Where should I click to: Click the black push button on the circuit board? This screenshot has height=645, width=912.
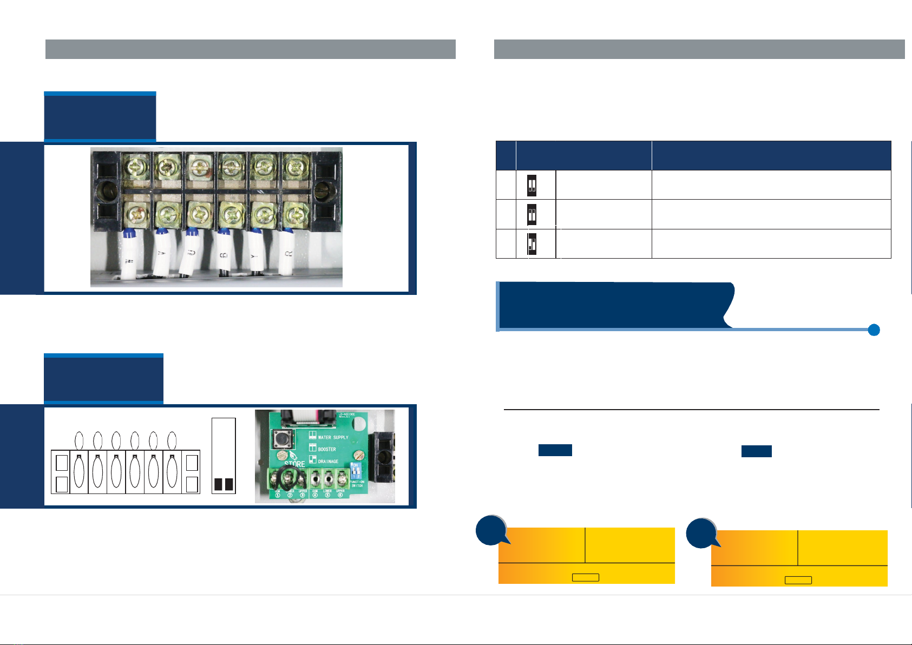pos(281,438)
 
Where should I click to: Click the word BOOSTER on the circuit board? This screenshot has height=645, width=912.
pos(327,449)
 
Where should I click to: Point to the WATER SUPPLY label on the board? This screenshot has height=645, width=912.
pos(333,437)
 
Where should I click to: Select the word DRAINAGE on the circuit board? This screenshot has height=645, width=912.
pos(328,462)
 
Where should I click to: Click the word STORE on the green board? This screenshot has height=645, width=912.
pos(295,464)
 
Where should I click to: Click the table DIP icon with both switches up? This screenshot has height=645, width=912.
pos(532,215)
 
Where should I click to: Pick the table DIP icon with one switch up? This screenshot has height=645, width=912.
pos(532,244)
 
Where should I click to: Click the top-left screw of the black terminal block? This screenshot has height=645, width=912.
pos(134,165)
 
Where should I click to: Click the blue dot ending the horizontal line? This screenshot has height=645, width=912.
pos(874,330)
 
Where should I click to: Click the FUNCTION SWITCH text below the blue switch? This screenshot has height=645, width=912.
pos(357,484)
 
